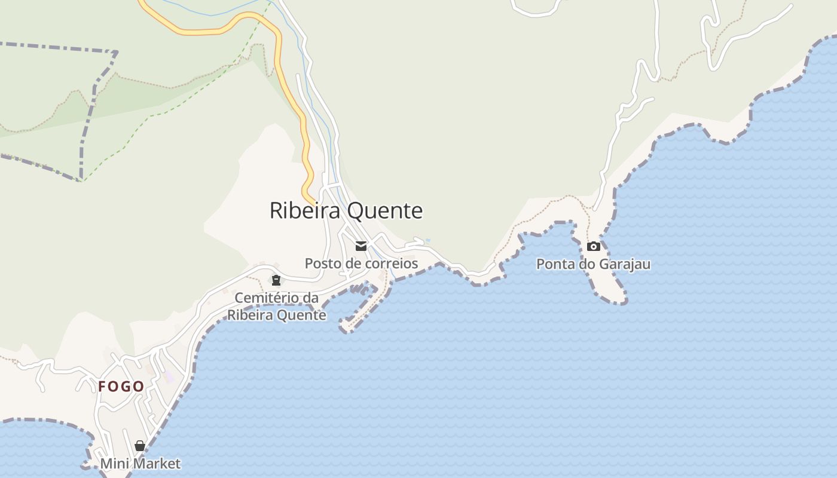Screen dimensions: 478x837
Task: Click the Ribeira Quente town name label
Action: [x=346, y=211]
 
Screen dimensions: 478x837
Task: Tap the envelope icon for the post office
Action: [x=361, y=246]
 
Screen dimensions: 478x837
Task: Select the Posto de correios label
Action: [x=361, y=263]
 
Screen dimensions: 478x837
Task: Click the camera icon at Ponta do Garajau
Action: [x=593, y=246]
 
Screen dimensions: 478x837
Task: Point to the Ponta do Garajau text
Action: [x=593, y=264]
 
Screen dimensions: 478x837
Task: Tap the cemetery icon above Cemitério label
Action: [x=276, y=280]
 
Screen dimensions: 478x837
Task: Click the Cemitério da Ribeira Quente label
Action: [x=277, y=307]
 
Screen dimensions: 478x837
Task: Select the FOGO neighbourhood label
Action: [x=121, y=387]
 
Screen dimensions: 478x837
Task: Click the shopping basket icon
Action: [x=140, y=446]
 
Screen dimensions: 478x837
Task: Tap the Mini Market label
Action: [x=140, y=464]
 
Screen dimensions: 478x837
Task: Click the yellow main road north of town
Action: [x=279, y=60]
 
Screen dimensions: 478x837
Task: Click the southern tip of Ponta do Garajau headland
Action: [x=616, y=299]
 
